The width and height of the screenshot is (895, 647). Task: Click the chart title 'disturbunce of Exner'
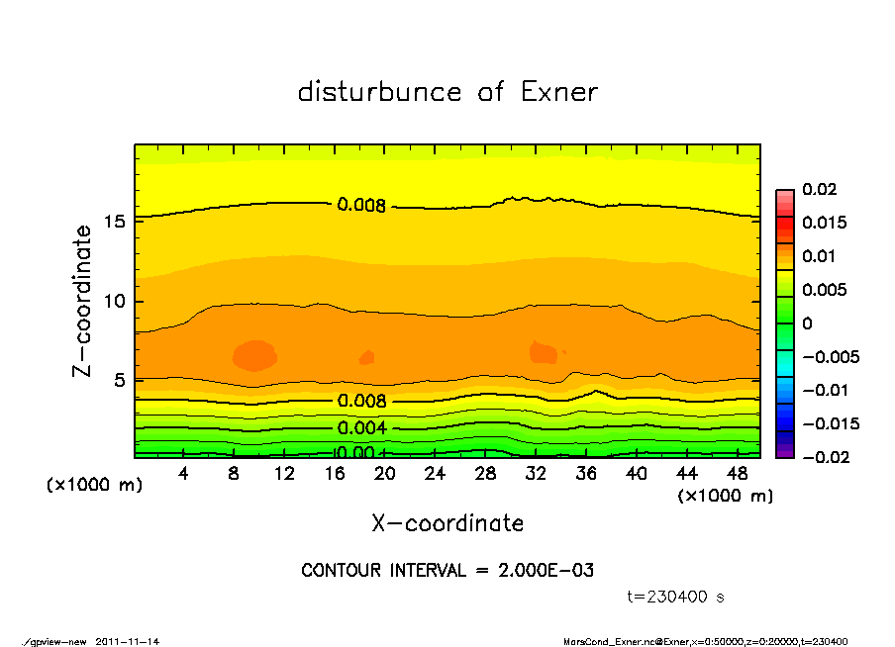(447, 92)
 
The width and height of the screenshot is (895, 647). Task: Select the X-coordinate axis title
(447, 523)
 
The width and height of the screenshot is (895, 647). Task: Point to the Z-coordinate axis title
(82, 301)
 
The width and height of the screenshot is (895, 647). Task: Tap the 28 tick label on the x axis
(485, 474)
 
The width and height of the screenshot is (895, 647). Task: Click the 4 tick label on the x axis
(184, 474)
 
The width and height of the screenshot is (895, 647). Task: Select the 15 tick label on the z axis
(114, 221)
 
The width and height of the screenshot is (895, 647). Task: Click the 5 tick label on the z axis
(119, 380)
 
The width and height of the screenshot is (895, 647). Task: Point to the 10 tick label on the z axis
(114, 301)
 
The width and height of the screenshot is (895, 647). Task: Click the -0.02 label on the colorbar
(823, 457)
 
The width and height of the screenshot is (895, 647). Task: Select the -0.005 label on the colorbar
(831, 356)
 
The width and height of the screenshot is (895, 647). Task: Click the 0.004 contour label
(362, 428)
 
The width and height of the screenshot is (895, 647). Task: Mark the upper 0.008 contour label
(361, 206)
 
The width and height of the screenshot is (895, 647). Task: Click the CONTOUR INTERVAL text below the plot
(447, 571)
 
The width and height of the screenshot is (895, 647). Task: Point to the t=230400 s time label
(676, 597)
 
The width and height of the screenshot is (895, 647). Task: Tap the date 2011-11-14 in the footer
(128, 641)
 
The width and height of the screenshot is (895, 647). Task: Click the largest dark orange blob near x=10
(253, 355)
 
